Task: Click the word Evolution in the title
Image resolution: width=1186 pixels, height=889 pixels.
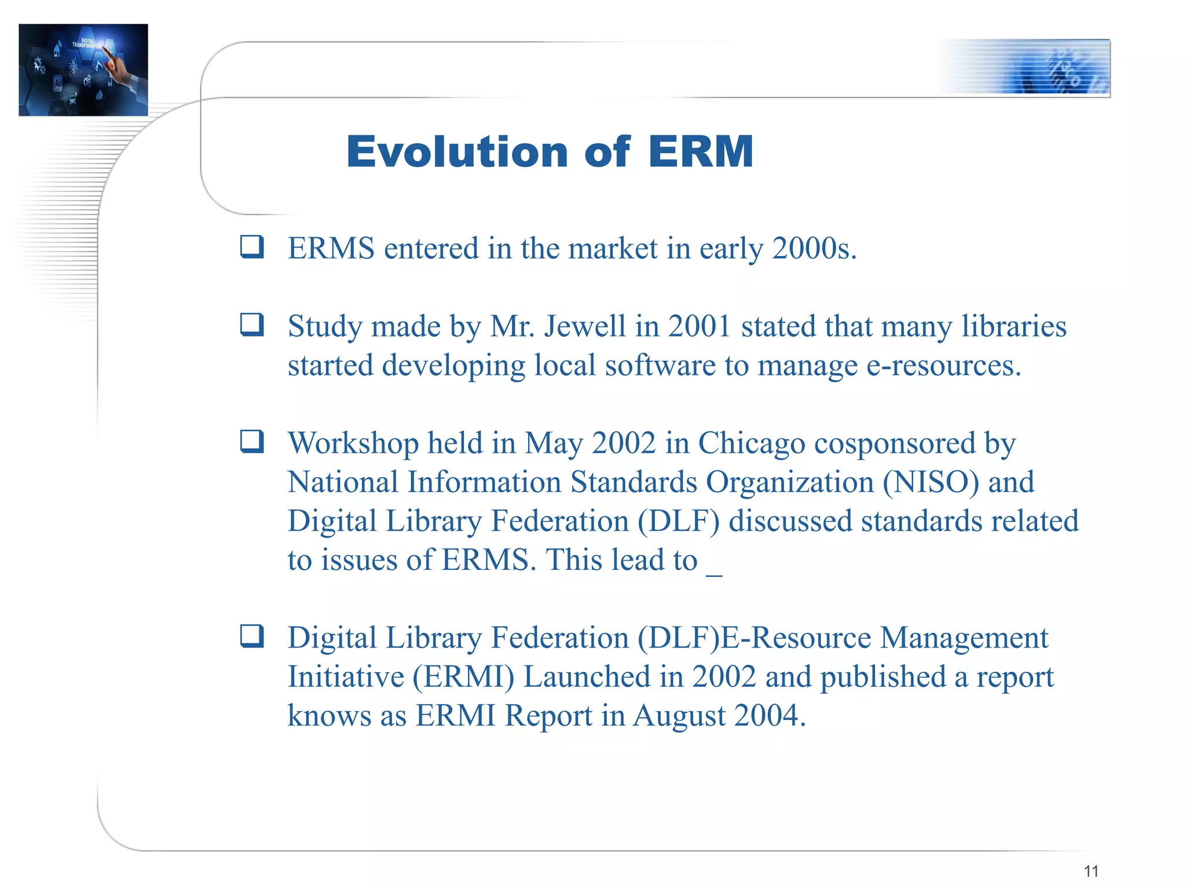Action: click(457, 152)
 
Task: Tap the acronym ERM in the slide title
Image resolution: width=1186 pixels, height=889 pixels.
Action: click(700, 152)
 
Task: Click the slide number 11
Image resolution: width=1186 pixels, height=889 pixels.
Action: click(1091, 871)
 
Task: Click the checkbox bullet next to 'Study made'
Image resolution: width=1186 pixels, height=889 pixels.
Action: click(252, 325)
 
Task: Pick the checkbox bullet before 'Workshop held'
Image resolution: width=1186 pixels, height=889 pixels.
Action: click(252, 442)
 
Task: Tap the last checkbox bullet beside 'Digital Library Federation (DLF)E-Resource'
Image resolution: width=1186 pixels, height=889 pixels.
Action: click(252, 636)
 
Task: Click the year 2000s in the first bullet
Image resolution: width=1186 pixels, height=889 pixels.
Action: click(814, 249)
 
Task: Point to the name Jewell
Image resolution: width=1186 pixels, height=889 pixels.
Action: click(584, 326)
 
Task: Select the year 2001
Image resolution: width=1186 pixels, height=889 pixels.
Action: click(699, 326)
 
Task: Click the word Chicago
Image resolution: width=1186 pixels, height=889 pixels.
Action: click(751, 444)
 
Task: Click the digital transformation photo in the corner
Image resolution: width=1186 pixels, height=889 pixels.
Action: click(83, 70)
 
